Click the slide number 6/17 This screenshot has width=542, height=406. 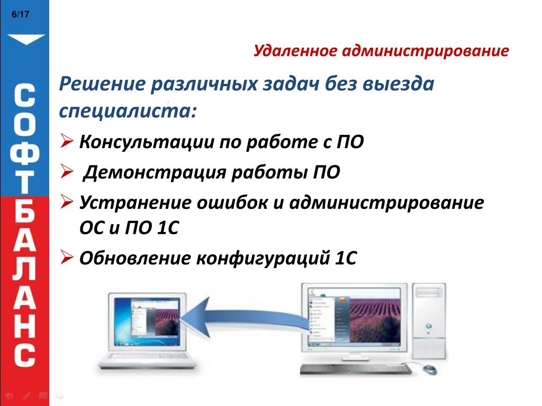21,14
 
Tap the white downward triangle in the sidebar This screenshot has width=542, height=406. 26,39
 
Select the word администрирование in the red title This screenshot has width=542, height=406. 426,51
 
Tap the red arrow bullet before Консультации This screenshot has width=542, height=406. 66,141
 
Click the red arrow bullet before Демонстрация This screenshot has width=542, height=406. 66,171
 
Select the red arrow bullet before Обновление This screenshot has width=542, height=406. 66,257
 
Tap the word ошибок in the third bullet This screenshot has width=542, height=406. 232,202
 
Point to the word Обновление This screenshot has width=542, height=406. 135,258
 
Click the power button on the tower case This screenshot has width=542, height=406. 429,326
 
